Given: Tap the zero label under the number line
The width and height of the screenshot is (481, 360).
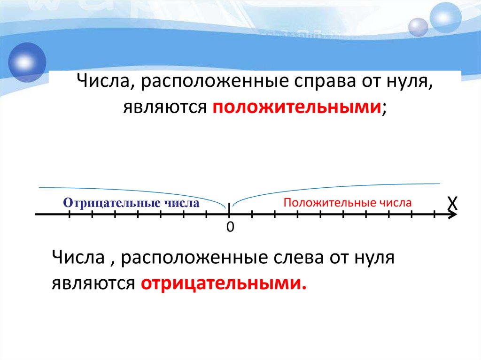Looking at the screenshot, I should (x=230, y=227).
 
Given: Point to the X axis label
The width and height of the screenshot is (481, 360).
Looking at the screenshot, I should (x=451, y=203).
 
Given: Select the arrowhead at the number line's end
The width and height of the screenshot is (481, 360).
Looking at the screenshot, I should (x=452, y=215).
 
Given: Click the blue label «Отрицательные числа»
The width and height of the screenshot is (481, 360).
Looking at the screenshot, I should (x=132, y=203).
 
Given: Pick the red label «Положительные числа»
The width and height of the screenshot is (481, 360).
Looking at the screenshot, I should (x=348, y=203).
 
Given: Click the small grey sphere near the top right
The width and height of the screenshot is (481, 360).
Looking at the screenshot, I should (x=418, y=27).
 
